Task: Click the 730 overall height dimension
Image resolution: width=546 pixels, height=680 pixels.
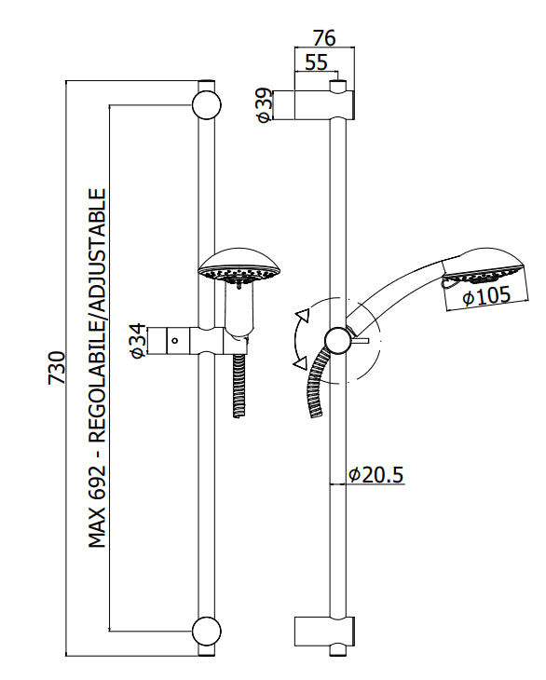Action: point(57,368)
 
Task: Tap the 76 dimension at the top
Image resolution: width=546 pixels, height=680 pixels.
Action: point(324,38)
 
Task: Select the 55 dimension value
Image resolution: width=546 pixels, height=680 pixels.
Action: point(316,62)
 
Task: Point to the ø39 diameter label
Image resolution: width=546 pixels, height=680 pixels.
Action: point(265,105)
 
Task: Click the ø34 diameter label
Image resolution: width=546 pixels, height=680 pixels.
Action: point(138,340)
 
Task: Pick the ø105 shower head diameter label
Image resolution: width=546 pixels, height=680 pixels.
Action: point(486,296)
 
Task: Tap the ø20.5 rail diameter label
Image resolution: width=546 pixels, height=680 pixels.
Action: point(376,474)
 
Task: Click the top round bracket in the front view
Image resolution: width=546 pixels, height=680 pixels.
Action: point(207,104)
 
